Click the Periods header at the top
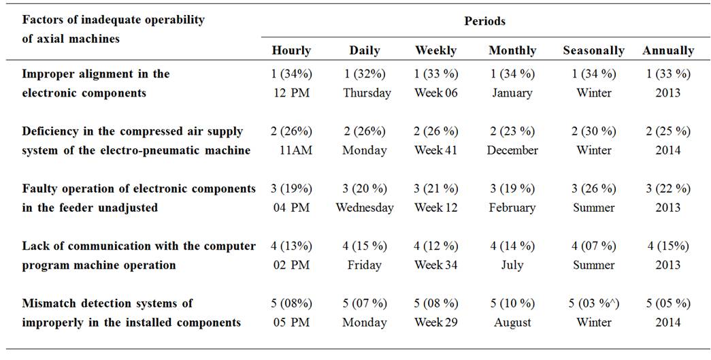484,21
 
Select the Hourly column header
291,50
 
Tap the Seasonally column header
593,50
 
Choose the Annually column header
668,50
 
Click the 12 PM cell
291,93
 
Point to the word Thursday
367,93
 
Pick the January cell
512,93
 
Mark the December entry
512,150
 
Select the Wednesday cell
365,208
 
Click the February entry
512,208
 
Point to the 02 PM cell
291,265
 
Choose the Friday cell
365,265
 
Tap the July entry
512,265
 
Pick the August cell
512,322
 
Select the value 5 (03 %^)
594,303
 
